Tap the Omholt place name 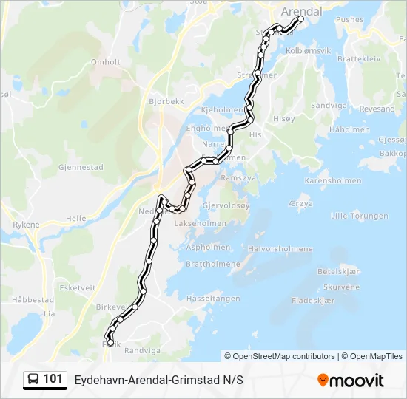click(x=104, y=62)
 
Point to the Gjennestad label click(x=81, y=167)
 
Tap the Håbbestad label click(x=33, y=300)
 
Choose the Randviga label click(x=141, y=351)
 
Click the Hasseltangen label click(x=213, y=298)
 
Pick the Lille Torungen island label click(x=359, y=216)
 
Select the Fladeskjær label click(x=314, y=301)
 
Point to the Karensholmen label click(x=333, y=180)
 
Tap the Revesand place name click(x=377, y=109)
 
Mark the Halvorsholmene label click(x=280, y=249)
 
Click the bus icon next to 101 click(x=33, y=379)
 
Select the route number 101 click(x=53, y=379)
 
